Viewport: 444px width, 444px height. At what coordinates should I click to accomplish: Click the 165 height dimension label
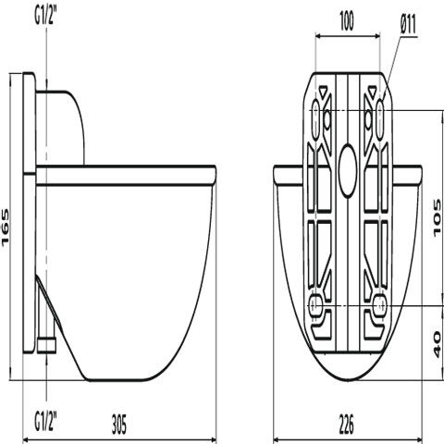6,228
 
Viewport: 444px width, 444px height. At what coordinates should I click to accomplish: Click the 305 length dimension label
119,424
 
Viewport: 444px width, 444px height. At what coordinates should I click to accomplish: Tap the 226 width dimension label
347,424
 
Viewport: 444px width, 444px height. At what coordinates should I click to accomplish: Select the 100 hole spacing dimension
347,21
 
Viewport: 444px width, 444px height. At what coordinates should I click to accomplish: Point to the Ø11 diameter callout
409,24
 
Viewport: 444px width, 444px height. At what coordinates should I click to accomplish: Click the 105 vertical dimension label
438,218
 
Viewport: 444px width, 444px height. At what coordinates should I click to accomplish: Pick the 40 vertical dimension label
438,344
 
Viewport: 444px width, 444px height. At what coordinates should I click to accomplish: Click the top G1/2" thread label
45,16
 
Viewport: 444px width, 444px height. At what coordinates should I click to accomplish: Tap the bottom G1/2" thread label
45,422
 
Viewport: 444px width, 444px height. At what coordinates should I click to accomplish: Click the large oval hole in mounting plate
348,170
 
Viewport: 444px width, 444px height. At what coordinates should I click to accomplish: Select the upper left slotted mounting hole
315,119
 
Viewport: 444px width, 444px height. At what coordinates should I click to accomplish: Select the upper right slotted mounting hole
380,119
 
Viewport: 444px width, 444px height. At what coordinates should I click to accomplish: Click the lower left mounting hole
315,305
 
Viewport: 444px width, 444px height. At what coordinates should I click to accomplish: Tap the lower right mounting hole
380,305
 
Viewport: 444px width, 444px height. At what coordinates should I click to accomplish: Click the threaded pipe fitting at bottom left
46,346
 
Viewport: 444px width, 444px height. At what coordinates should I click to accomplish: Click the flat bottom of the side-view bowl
117,380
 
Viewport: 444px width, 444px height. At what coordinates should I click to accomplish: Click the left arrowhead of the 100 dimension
318,36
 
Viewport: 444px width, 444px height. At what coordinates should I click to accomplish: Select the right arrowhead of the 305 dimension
213,438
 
